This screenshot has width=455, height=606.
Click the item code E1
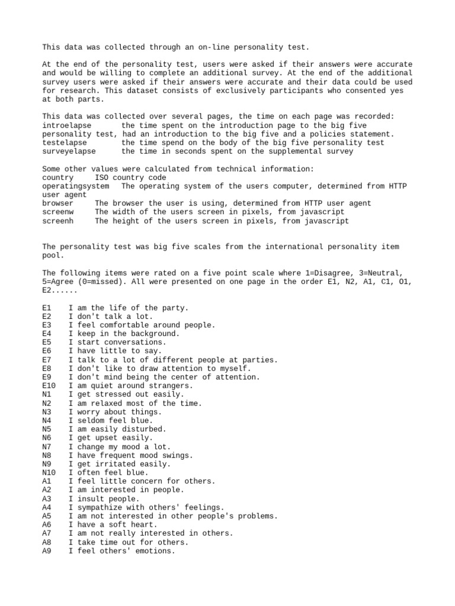click(47, 308)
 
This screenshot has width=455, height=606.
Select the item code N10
click(49, 473)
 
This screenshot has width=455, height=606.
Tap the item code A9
click(47, 551)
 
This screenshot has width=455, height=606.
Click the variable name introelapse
click(66, 125)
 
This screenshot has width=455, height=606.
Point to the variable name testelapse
click(65, 143)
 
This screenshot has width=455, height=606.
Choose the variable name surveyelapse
click(69, 151)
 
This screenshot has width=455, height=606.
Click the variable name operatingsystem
click(75, 186)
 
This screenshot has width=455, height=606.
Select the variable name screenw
click(58, 212)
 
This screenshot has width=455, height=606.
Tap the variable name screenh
click(58, 221)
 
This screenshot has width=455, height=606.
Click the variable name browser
click(58, 203)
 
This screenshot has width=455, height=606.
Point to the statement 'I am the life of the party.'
click(128, 308)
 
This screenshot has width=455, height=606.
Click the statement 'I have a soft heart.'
click(113, 525)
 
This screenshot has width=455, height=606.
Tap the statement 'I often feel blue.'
click(110, 473)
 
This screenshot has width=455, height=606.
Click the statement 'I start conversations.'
click(117, 343)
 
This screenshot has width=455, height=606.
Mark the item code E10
click(49, 386)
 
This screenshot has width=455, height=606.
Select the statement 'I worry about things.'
click(115, 412)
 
